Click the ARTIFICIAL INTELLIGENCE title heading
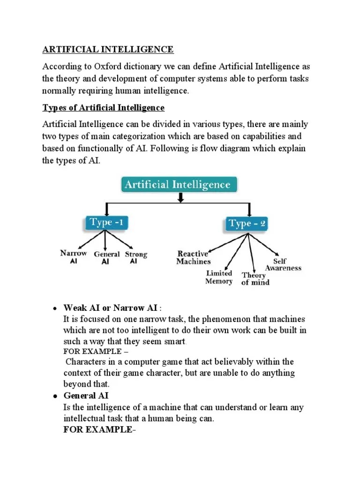[108, 49]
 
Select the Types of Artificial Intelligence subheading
[104, 108]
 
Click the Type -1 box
[106, 223]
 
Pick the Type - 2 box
[247, 224]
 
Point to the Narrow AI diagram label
[74, 257]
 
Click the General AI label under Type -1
[107, 257]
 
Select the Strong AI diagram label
[135, 257]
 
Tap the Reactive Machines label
[193, 258]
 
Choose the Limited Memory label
[219, 277]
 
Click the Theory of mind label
[255, 278]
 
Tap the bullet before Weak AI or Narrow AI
[54, 308]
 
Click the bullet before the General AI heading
[54, 396]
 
